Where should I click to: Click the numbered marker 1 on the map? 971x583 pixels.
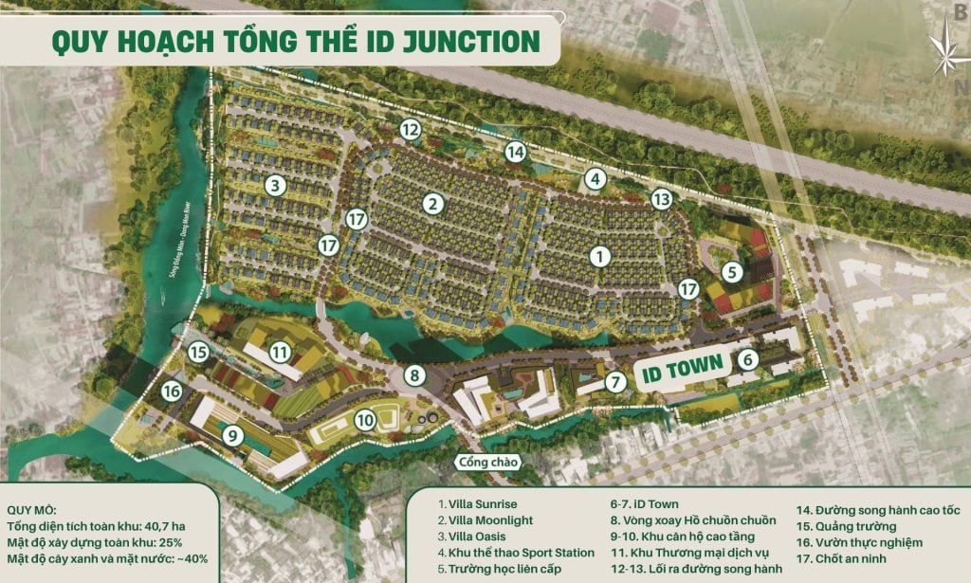pos(598,255)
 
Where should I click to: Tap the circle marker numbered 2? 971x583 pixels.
pos(433,203)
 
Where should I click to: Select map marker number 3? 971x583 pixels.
pos(275,185)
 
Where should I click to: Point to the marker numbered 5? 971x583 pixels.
pos(731,271)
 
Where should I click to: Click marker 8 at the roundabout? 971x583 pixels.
pos(414,375)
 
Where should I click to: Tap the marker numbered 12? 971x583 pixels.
pos(410,130)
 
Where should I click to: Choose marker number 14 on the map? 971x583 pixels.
pos(515,151)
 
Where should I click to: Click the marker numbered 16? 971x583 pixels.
pos(171,391)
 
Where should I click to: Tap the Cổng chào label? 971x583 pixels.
pos(485,463)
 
